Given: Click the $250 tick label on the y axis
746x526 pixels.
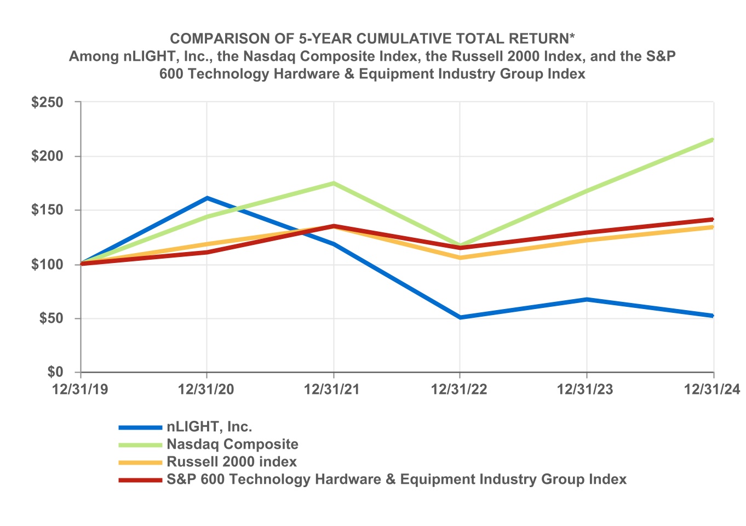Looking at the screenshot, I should tap(48, 102).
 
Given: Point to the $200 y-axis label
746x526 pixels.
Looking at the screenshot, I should tap(48, 156).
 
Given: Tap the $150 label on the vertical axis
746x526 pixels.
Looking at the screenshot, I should tap(48, 210).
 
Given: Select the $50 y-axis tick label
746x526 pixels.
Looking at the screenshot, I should tap(51, 318).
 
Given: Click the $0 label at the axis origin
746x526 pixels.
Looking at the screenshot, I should tap(55, 372).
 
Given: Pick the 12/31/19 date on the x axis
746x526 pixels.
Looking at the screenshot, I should tap(81, 390).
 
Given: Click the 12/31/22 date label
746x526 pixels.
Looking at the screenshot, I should tap(459, 390).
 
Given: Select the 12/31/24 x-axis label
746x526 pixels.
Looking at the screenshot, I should tap(712, 390).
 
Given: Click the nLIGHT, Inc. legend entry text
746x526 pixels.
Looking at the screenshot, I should tap(209, 427).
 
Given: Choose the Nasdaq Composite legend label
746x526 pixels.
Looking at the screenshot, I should tap(232, 444).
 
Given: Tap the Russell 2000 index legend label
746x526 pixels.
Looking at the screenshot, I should tap(232, 462).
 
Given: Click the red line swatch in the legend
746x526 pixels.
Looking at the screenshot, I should tap(140, 480).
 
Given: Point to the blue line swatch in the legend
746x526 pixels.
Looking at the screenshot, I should tap(140, 427).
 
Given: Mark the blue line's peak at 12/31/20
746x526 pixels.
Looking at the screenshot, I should tap(207, 198).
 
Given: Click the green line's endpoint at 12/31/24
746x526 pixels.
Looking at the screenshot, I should tap(713, 140).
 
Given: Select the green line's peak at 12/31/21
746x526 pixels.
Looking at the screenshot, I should tap(334, 183).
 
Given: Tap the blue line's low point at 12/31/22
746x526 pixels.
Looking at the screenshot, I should tap(460, 317).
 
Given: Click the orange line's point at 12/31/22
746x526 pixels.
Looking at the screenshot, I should tap(460, 258).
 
